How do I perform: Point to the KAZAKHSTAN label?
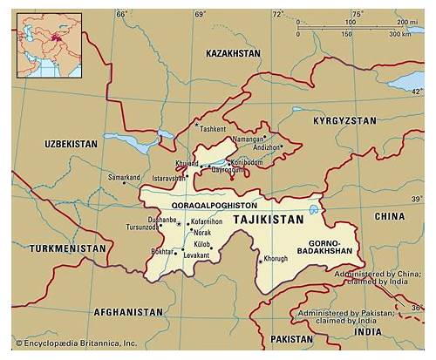pos(233,53)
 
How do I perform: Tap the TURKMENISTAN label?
pos(67,248)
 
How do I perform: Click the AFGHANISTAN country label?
pos(128,311)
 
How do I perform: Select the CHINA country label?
pos(389,215)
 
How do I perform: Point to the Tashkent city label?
pos(213,129)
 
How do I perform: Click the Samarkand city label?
pos(124,177)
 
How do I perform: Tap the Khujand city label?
pos(187,163)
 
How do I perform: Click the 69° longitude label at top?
pos(200,15)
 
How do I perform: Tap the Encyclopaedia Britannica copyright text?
pos(74,343)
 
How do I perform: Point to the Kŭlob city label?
pos(201,245)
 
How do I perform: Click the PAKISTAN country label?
pos(290,338)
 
